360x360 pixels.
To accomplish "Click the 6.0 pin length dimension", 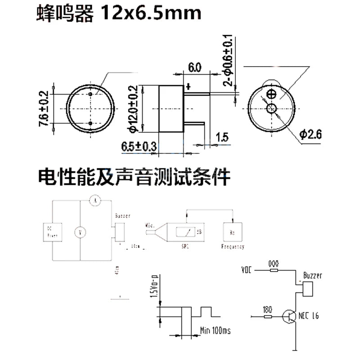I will point(194,68).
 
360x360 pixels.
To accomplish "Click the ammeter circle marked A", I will point(94,201).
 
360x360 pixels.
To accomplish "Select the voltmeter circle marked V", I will point(81,232).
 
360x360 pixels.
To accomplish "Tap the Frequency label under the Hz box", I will point(233,247).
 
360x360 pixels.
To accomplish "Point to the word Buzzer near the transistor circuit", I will point(312,275).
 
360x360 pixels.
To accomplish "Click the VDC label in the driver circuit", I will point(247,270).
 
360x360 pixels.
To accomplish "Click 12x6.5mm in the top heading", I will point(151,13).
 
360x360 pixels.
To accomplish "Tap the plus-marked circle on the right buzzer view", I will point(271,94).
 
